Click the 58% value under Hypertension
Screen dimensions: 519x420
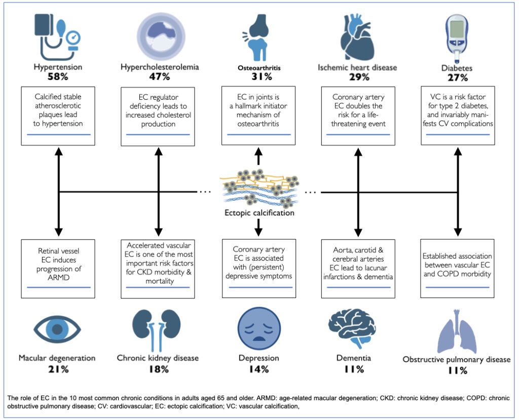pyautogui.click(x=58, y=77)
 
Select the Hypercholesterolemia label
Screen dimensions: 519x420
pyautogui.click(x=160, y=67)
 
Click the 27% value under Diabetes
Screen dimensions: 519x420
pyautogui.click(x=458, y=78)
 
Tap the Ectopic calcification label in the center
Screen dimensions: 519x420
pyautogui.click(x=259, y=213)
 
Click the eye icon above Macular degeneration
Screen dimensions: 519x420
pyautogui.click(x=57, y=329)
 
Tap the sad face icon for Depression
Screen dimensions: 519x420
pyautogui.click(x=259, y=329)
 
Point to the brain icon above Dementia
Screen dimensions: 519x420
pyautogui.click(x=352, y=329)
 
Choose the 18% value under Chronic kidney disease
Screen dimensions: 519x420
pyautogui.click(x=159, y=369)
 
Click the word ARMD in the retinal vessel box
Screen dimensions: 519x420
pyautogui.click(x=59, y=278)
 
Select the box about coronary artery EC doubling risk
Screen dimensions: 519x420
pyautogui.click(x=358, y=116)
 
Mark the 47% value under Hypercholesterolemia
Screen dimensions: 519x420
pyautogui.click(x=160, y=77)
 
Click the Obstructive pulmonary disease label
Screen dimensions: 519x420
pyautogui.click(x=457, y=359)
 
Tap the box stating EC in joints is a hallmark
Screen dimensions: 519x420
pyautogui.click(x=258, y=116)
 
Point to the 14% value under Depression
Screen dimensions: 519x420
pyautogui.click(x=259, y=369)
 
